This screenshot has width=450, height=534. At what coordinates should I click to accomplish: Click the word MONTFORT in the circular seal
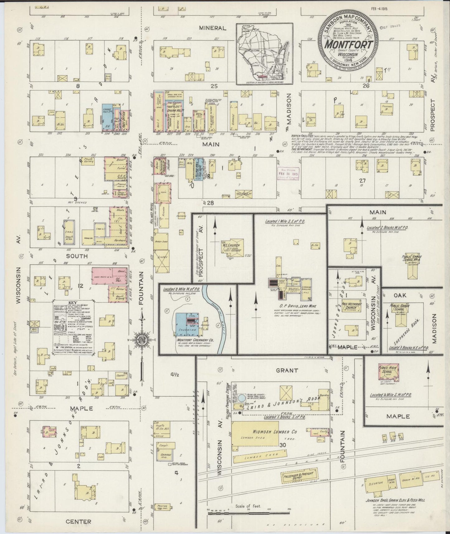pos(348,44)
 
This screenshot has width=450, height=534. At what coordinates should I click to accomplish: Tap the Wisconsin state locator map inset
pos(264,54)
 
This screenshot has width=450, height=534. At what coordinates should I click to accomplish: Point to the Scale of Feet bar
pos(249,512)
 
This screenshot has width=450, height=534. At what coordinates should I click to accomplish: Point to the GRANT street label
pos(287,370)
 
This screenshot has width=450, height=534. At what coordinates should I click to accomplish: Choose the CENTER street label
pos(79,522)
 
